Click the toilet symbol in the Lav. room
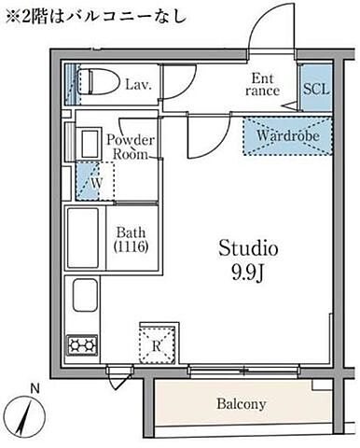coord(98,82)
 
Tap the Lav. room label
coord(138,84)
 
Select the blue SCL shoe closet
coord(316,88)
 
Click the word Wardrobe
coord(288,135)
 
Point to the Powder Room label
coord(131,147)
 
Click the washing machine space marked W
coord(95,181)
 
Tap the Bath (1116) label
coord(131,240)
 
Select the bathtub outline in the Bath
coord(83,238)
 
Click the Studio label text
coord(248,248)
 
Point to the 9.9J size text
coord(247,273)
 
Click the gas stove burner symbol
coord(82,345)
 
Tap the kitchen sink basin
coord(85,295)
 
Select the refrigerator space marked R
coord(158,344)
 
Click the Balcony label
coord(242,404)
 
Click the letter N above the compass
coord(35,388)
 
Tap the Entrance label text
coord(262,84)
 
